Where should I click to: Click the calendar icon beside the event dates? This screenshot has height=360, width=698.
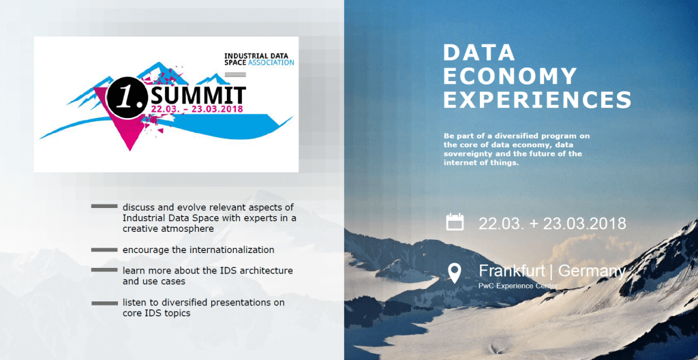click(455, 222)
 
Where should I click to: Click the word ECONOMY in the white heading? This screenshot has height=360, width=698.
click(510, 76)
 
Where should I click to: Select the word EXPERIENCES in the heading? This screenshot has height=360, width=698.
click(537, 100)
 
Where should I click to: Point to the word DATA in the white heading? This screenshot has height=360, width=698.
click(479, 52)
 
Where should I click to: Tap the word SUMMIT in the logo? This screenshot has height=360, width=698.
click(198, 95)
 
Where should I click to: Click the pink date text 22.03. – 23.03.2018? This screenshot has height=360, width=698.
click(197, 108)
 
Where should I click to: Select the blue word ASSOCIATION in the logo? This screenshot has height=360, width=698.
click(271, 63)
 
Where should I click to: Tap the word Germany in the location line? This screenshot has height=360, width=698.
click(592, 271)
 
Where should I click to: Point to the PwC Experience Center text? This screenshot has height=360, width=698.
click(518, 286)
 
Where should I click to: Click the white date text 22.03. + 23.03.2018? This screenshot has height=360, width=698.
click(552, 223)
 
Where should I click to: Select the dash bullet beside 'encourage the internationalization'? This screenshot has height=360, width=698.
click(104, 250)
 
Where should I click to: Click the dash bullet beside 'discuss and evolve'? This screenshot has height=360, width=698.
click(104, 207)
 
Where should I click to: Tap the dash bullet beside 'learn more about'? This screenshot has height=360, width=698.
click(104, 271)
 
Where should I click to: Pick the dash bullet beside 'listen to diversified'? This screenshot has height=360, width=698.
click(104, 303)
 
